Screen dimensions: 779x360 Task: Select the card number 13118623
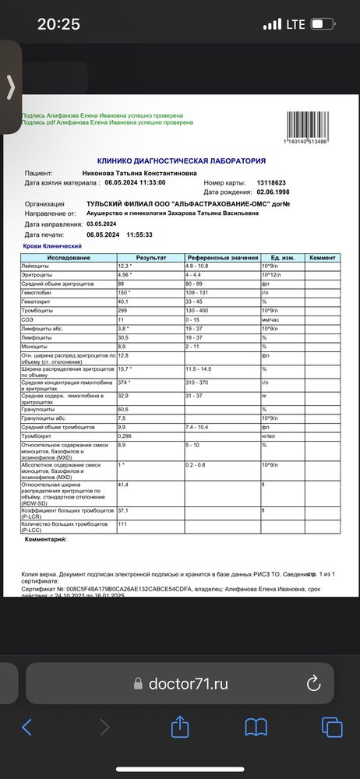[273, 182]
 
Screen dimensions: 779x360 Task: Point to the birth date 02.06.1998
[278, 192]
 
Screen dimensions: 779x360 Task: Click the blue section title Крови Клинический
[53, 245]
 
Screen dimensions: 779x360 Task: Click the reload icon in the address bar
[313, 683]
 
